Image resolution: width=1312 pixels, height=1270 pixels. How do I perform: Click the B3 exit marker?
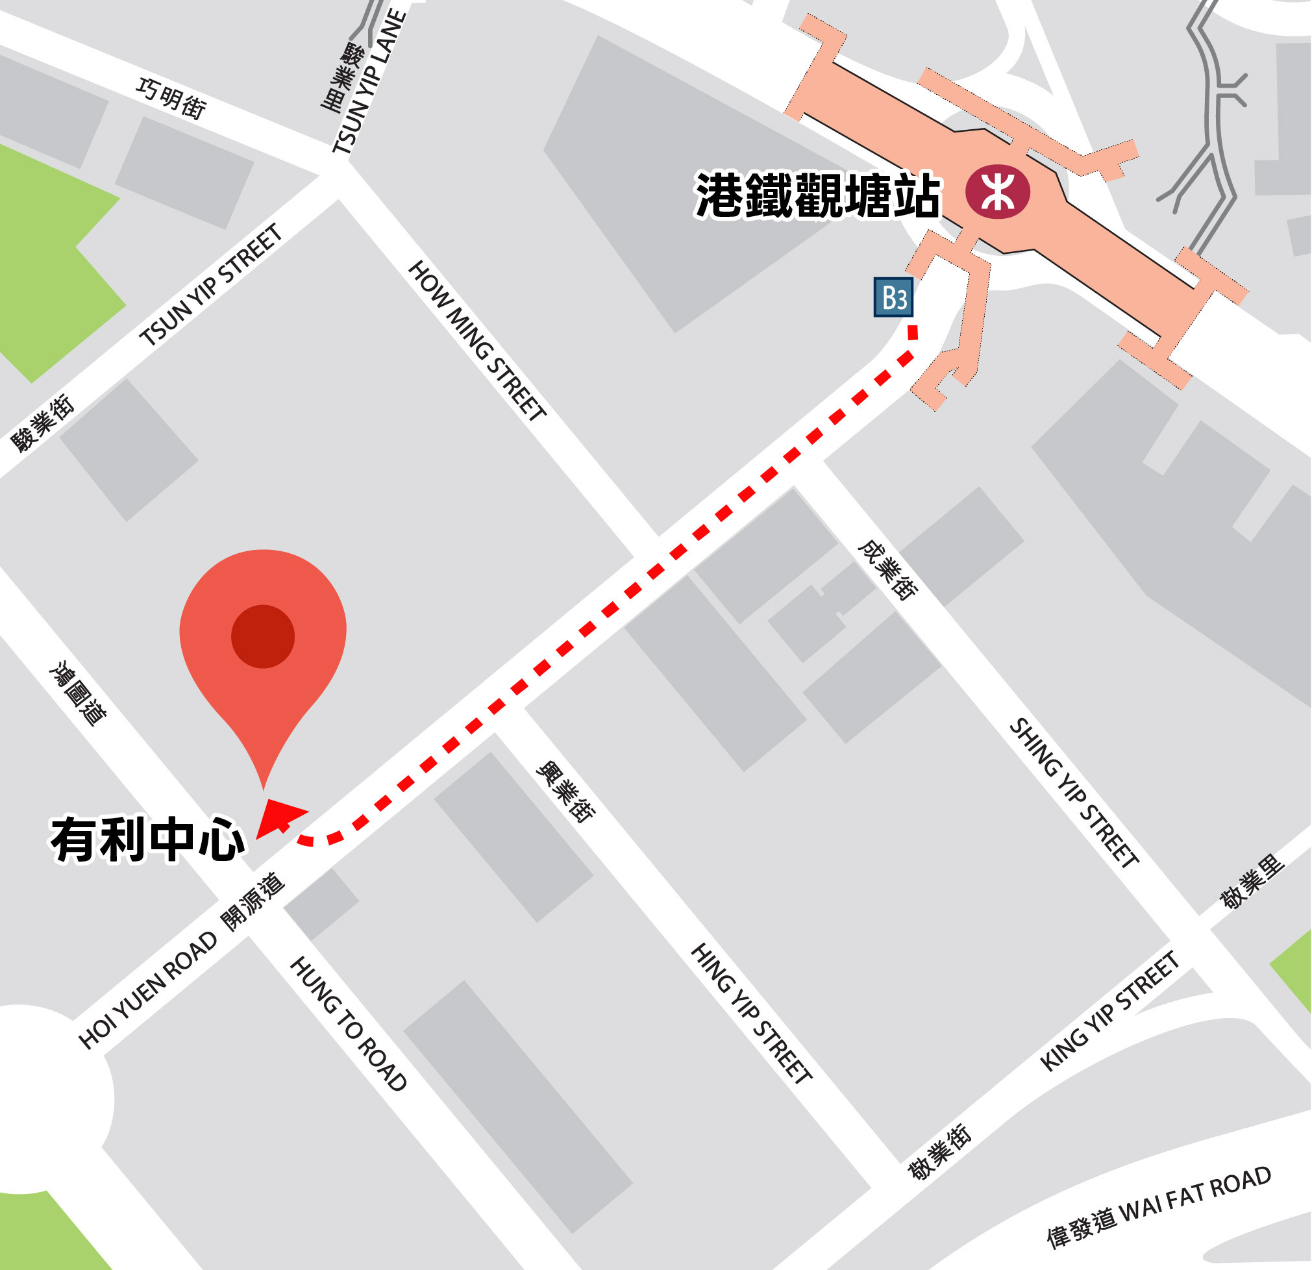point(893,297)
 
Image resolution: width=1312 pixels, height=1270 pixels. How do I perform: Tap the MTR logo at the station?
point(997,192)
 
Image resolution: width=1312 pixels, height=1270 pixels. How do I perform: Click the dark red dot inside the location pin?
point(262,637)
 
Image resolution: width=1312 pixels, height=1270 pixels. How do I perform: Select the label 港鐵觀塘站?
point(818,195)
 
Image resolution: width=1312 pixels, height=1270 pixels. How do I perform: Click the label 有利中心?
point(148,840)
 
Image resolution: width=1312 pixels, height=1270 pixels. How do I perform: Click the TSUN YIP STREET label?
point(212,286)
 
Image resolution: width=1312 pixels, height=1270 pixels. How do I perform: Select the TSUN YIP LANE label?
point(370,82)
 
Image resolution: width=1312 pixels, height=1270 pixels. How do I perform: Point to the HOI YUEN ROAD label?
point(149,990)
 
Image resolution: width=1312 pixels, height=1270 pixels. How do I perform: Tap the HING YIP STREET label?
point(752,1013)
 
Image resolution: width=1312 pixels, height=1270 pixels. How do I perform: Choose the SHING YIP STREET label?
point(1074,793)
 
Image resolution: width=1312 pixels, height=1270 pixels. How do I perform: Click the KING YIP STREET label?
point(1109,1011)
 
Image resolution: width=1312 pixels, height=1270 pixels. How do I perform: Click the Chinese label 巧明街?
point(171,99)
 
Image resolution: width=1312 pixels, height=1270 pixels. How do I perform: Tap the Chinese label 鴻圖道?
point(79,694)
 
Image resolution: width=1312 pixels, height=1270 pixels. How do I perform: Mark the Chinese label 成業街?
point(888,570)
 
